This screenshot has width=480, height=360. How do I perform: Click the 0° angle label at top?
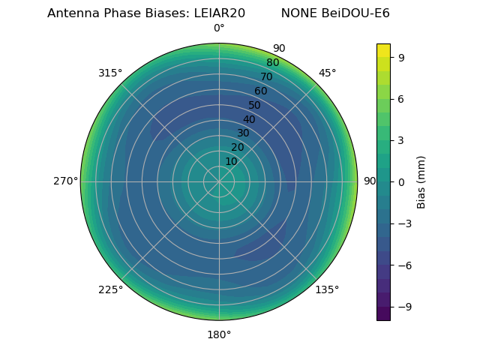tap(219, 28)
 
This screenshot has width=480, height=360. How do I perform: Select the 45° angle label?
tap(327, 73)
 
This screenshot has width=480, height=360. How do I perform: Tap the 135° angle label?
tap(327, 289)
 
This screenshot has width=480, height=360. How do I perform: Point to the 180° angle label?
tap(219, 334)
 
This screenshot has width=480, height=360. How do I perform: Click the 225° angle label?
tap(110, 289)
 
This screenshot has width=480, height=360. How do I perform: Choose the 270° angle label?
tap(65, 181)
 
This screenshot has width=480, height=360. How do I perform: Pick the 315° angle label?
tap(110, 73)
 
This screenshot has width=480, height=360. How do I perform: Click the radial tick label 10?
tap(231, 161)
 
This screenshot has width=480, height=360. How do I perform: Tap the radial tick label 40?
tap(249, 119)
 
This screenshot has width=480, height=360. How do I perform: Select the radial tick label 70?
tap(266, 76)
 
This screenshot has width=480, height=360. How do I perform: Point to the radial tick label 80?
tap(272, 63)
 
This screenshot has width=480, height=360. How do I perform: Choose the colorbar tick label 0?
tap(402, 181)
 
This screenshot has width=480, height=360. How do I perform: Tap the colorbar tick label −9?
tap(405, 307)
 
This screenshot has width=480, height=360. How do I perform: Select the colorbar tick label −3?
tap(405, 223)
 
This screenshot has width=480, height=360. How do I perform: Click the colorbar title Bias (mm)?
tap(421, 181)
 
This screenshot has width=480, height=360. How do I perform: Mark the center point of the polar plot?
tap(219, 181)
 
